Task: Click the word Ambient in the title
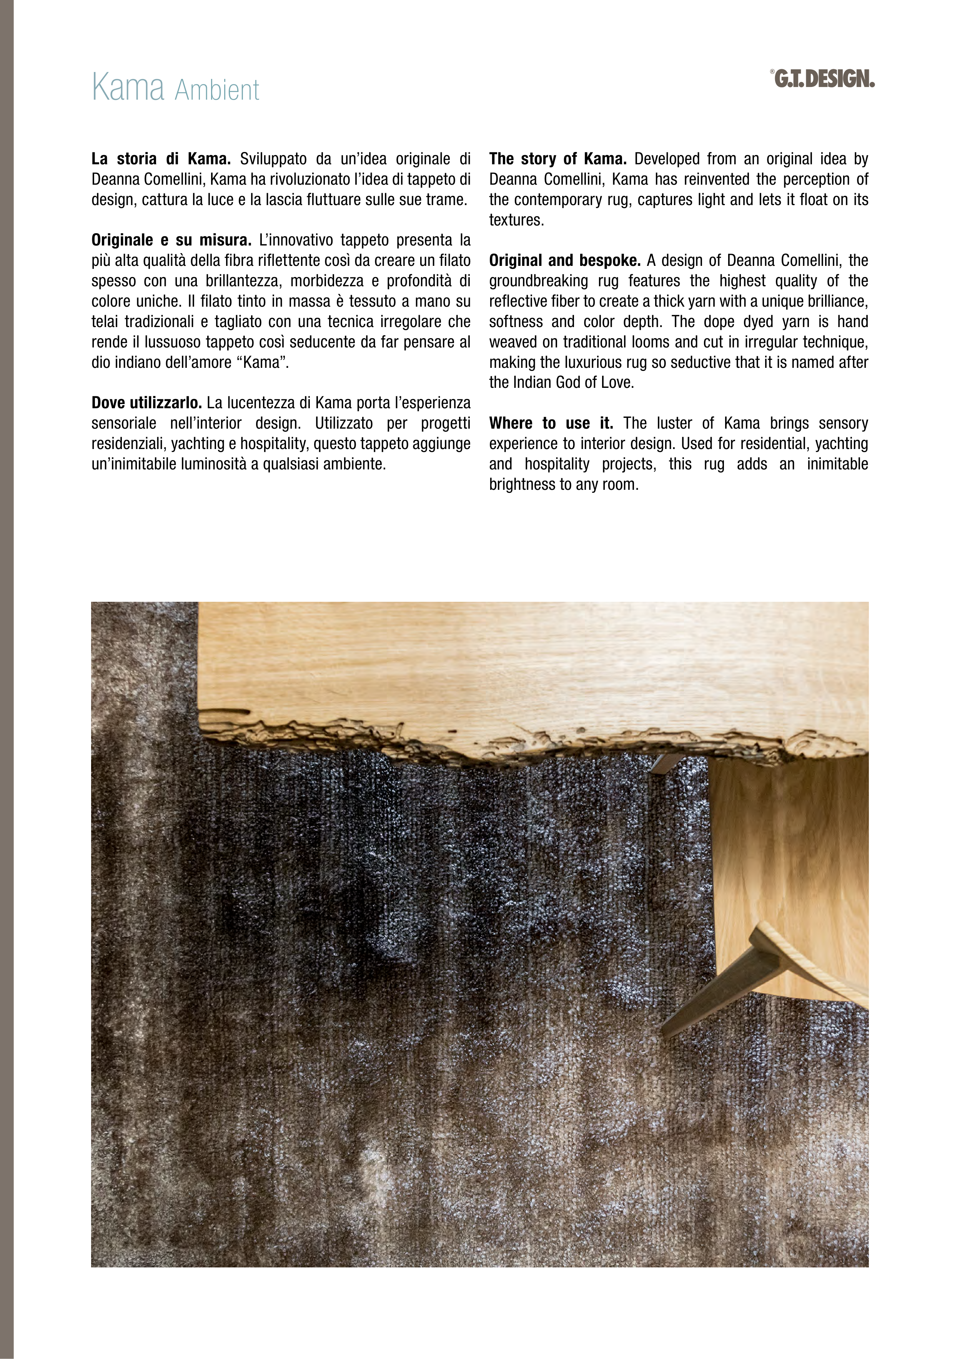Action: pos(217,90)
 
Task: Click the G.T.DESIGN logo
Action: pos(824,79)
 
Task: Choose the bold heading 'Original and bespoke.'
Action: pos(564,260)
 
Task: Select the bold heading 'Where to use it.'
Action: pos(551,423)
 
